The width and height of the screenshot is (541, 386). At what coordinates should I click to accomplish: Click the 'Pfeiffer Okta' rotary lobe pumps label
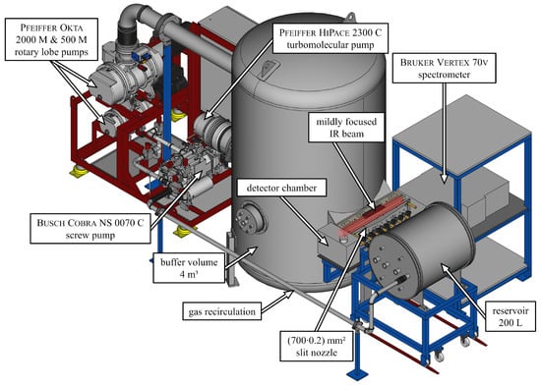51,39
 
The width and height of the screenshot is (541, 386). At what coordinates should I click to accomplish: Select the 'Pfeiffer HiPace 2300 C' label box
331,38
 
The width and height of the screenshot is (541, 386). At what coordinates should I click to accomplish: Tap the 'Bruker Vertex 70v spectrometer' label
444,68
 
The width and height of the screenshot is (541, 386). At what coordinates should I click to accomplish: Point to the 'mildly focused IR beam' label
346,127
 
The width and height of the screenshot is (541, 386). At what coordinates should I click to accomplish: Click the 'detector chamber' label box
281,189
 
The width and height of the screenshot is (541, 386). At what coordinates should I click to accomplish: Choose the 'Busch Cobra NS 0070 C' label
90,229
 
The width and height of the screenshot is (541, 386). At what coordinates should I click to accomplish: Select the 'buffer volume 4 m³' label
189,268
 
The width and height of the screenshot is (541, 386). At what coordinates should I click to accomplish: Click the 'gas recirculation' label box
222,311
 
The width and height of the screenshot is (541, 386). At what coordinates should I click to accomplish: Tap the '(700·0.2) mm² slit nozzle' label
317,346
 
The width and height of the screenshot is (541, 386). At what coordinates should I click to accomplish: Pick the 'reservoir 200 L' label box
511,316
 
